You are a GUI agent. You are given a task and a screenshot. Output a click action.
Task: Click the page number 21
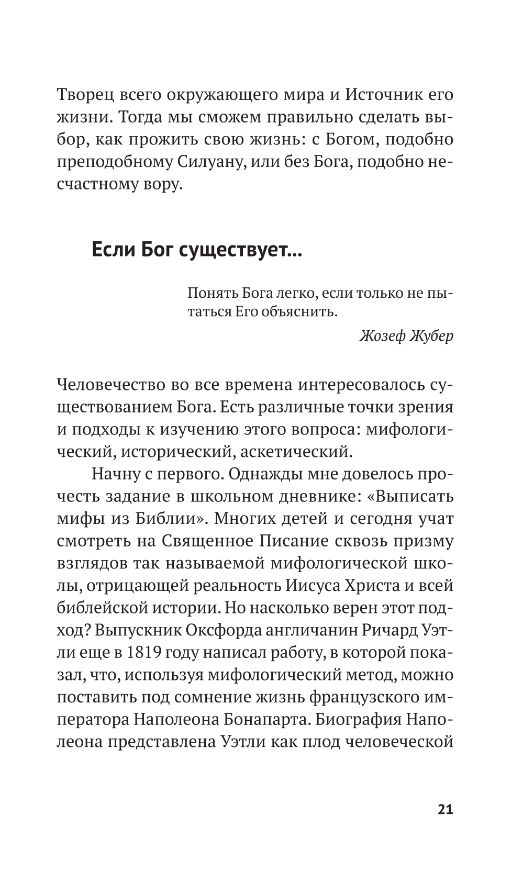pyautogui.click(x=444, y=809)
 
